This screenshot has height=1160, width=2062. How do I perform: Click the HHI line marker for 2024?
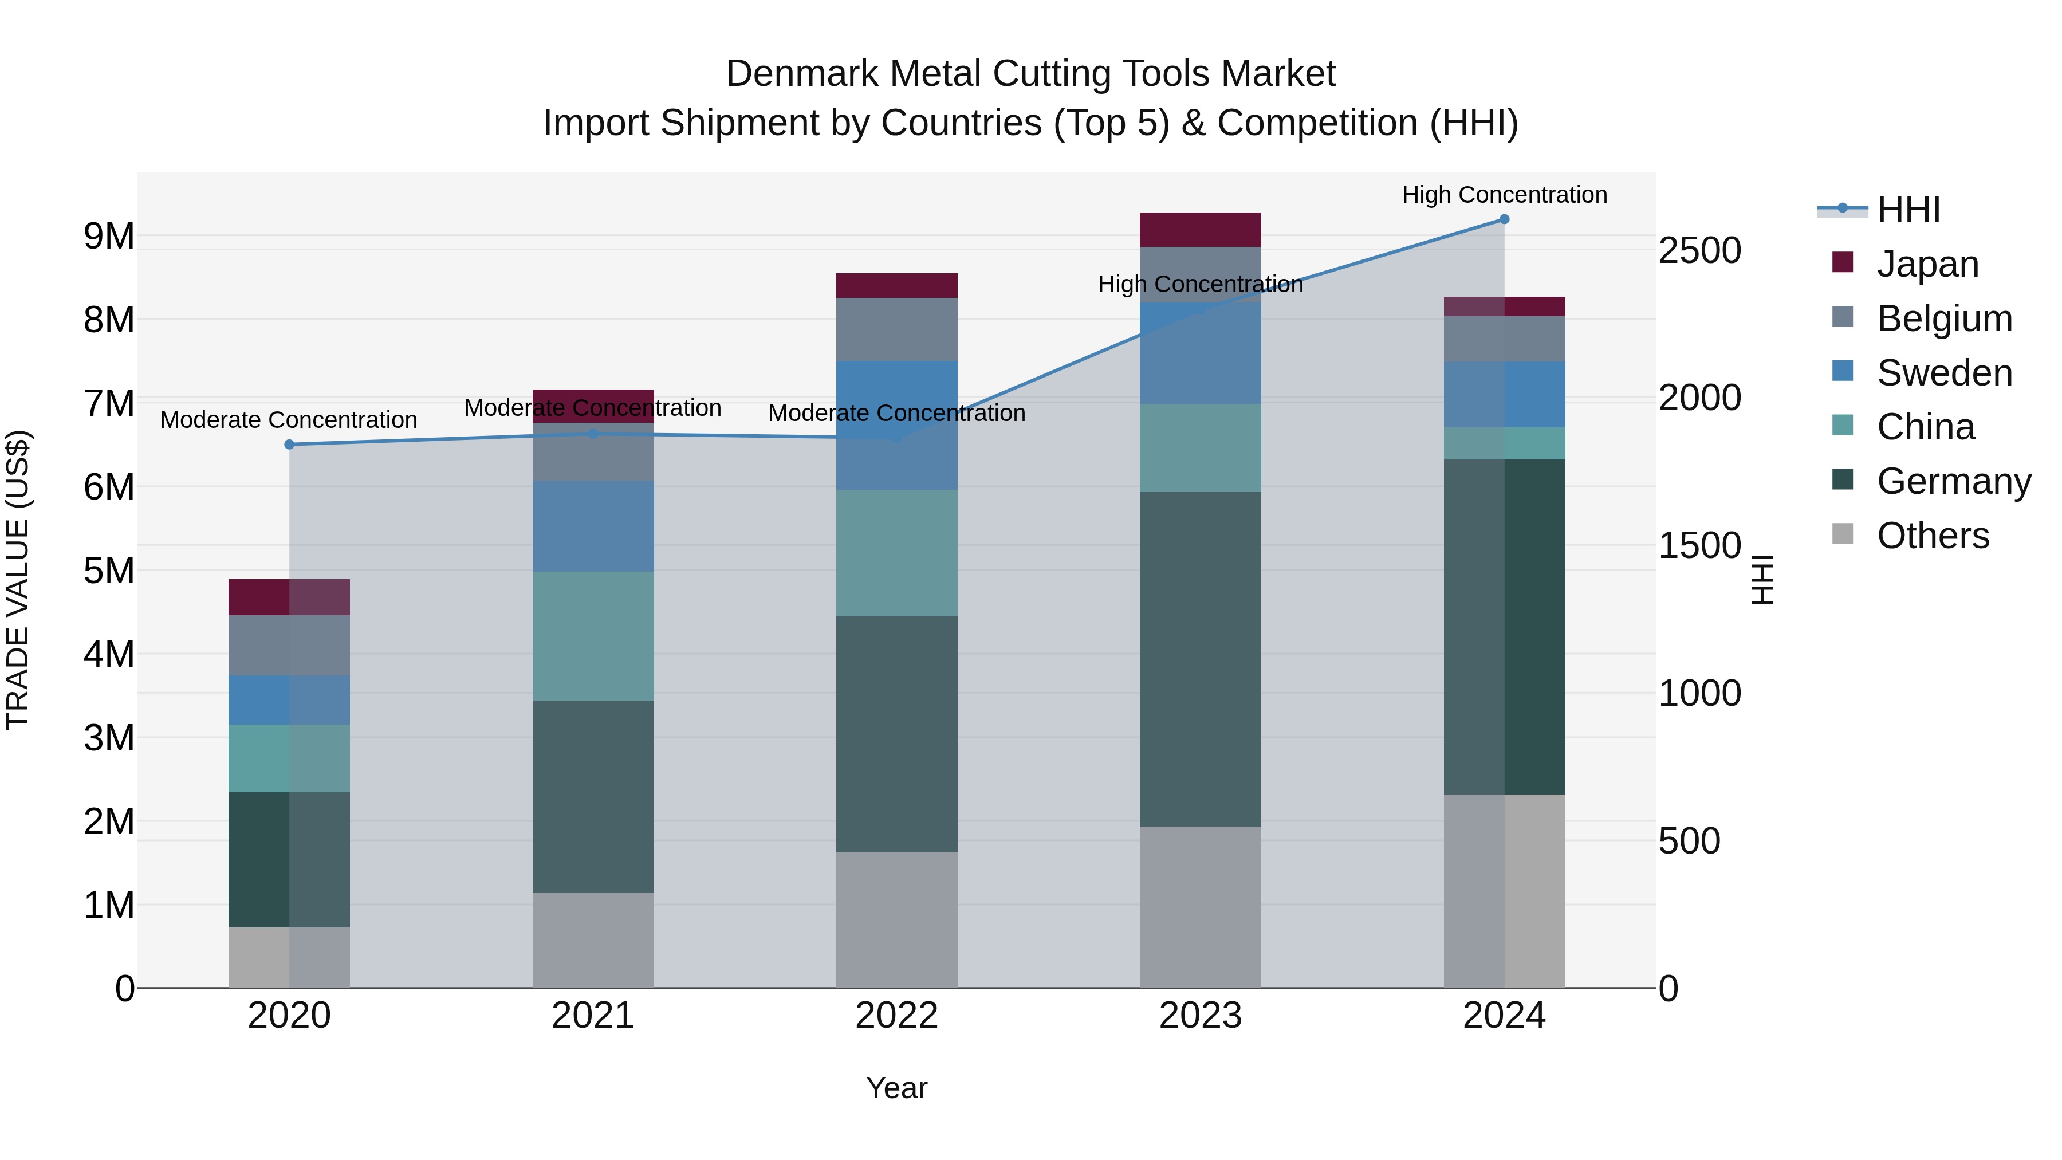(1504, 219)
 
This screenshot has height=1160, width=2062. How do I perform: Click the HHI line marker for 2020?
(290, 445)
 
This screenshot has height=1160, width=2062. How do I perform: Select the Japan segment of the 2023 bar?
(1200, 230)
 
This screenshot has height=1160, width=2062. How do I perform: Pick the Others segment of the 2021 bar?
(593, 941)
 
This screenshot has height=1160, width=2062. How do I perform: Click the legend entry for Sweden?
(1943, 373)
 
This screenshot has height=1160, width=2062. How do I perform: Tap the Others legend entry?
(1933, 536)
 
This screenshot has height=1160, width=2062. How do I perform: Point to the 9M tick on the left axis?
(109, 236)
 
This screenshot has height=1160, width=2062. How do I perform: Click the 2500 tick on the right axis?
(1699, 250)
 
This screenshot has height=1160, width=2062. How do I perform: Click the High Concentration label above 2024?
(1504, 195)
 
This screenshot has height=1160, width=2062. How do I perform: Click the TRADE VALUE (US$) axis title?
(18, 580)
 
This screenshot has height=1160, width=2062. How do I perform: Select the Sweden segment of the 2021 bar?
(593, 526)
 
